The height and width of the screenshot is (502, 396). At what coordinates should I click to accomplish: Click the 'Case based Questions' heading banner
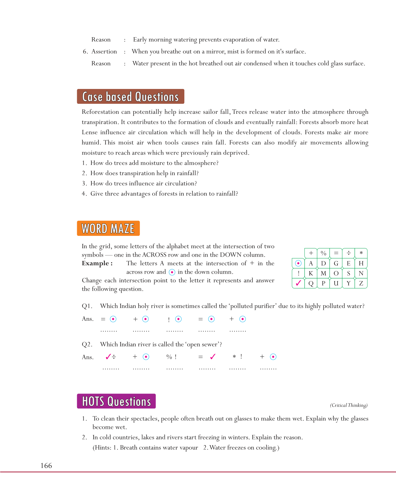pos(130,97)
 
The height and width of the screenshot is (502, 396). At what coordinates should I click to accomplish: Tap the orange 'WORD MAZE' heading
pos(108,228)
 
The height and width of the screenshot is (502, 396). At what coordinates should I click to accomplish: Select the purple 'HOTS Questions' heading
pos(116,401)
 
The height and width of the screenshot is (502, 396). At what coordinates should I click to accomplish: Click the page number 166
pos(46,465)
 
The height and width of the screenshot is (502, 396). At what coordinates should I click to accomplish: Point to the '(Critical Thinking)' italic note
pos(349,405)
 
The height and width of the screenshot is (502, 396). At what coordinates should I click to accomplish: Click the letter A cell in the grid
pos(311,263)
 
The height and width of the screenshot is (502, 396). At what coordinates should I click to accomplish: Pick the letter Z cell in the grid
pos(361,283)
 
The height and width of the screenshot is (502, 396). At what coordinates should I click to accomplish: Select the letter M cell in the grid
pos(323,273)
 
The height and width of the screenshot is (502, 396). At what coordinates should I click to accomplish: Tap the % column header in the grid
pos(323,253)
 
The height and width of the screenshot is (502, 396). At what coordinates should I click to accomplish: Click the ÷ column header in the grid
pos(349,253)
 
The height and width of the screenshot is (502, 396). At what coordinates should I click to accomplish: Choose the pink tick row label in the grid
pos(298,283)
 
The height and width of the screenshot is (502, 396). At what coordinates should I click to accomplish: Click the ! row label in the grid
pos(298,273)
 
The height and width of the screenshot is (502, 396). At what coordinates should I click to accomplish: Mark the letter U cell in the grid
pos(336,283)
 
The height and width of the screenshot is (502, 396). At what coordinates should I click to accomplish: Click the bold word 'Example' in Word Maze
pos(95,263)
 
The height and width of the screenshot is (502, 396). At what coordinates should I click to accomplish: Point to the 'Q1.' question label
pos(87,306)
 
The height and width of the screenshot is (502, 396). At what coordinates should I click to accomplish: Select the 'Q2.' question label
pos(87,345)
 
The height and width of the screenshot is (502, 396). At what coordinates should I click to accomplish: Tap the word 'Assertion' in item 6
pos(104,52)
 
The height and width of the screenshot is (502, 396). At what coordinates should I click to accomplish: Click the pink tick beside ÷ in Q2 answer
pos(108,357)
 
